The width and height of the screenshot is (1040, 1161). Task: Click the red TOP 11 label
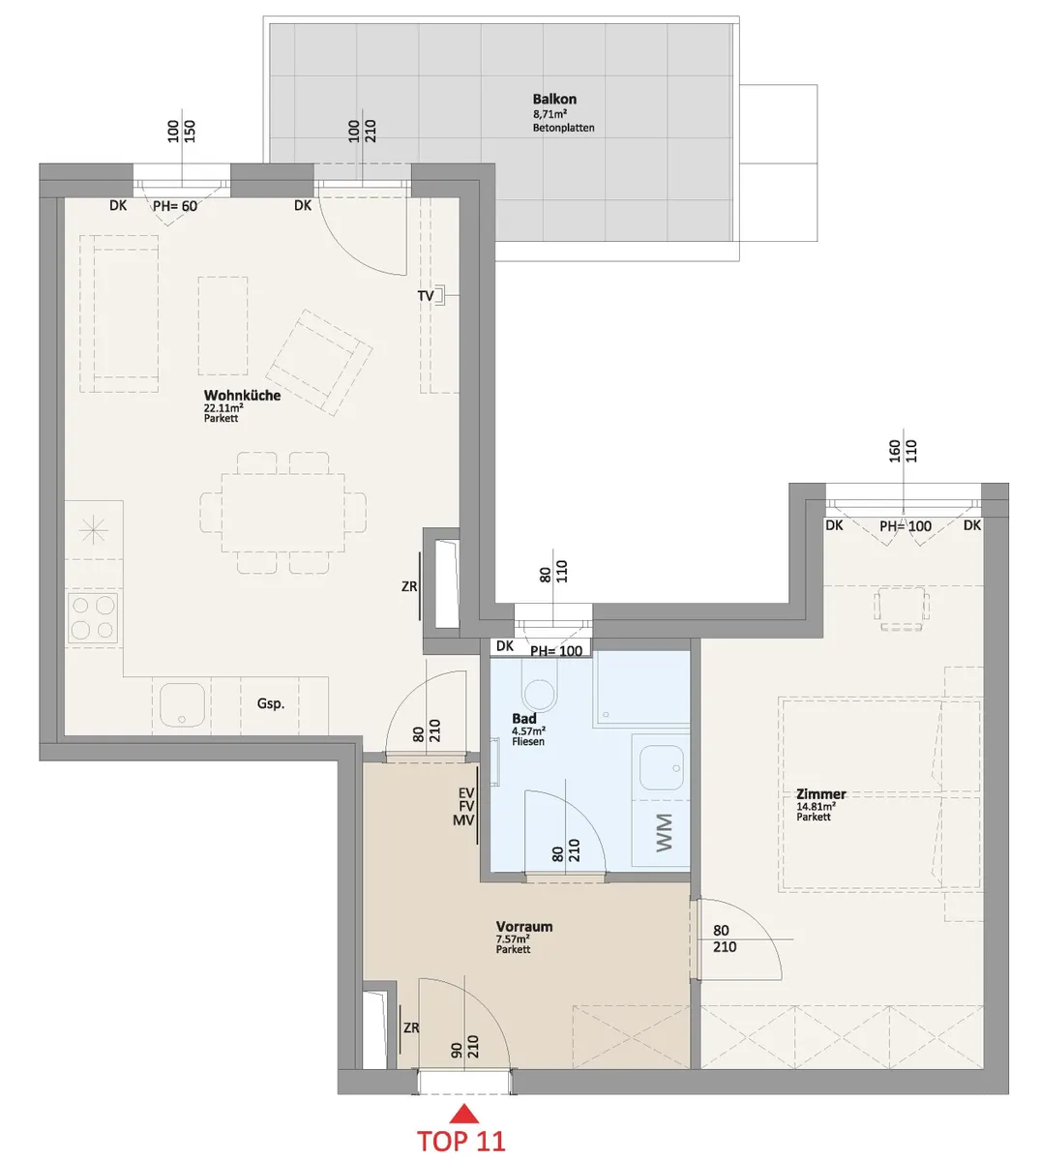tap(461, 1141)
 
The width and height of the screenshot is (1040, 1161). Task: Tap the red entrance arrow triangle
tap(463, 1114)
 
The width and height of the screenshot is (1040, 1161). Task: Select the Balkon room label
tap(554, 99)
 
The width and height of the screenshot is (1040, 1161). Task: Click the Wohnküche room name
tap(243, 396)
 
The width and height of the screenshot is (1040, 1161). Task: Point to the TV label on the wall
tap(426, 296)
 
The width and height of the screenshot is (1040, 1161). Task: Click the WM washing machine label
tap(664, 833)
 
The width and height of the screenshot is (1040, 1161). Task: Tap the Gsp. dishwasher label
tap(271, 703)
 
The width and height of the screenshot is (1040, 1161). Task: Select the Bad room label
tap(524, 719)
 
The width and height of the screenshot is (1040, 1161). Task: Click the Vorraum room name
tap(524, 927)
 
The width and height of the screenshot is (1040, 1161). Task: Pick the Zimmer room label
tap(821, 794)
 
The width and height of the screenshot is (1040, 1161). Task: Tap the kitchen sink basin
tap(182, 705)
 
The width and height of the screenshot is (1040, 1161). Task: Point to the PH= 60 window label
tap(175, 206)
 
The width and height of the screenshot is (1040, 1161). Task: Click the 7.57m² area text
tap(513, 939)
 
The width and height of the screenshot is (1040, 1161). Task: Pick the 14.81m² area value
tap(816, 806)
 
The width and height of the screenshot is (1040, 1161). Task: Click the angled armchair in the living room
tap(319, 362)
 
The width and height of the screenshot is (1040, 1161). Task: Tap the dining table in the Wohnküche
tap(283, 513)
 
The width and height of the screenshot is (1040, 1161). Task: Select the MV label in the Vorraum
tap(463, 820)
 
